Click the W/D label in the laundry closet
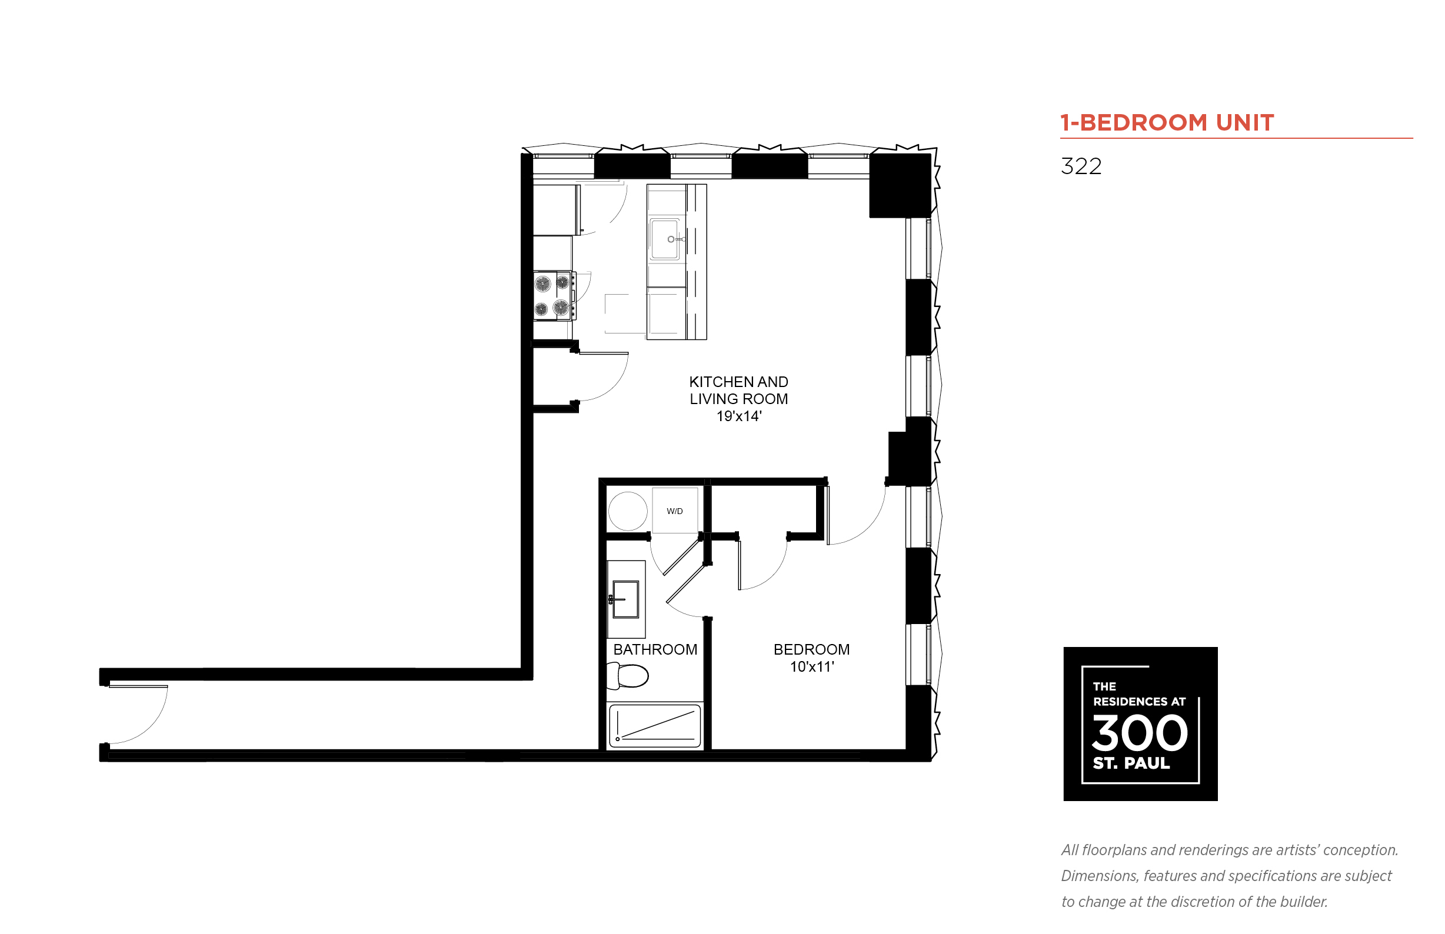coord(674,511)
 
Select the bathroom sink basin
coord(625,599)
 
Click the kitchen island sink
coord(665,239)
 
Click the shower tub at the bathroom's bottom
coord(655,725)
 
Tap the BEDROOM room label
coord(811,649)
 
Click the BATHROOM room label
coord(655,649)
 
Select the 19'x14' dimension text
coord(738,416)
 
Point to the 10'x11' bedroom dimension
coord(812,666)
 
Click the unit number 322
coord(1080,166)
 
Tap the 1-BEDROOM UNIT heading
coord(1167,122)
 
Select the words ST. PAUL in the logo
coord(1131,763)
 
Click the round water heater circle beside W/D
coord(627,511)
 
